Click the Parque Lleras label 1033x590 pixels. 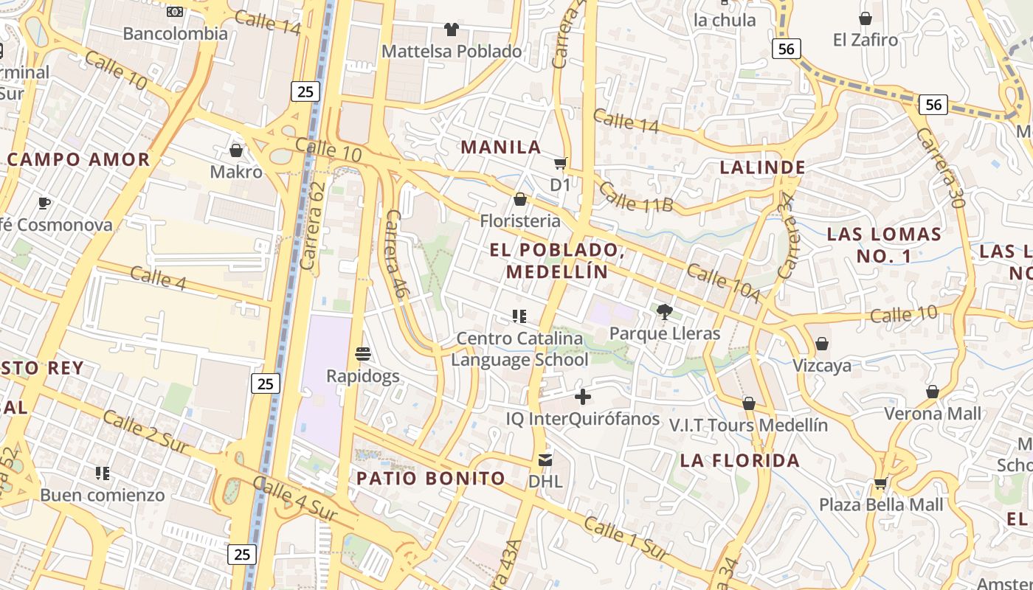pos(665,333)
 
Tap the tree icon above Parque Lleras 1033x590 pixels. pos(665,312)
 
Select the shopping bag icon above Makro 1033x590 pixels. pos(236,150)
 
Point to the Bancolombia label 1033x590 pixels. pos(176,33)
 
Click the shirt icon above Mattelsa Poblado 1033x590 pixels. pos(452,29)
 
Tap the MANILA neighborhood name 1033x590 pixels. pos(501,147)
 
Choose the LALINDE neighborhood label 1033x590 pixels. pos(762,167)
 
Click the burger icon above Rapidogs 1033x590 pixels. pos(362,354)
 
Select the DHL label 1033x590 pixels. pos(545,482)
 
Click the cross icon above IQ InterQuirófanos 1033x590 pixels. pos(583,398)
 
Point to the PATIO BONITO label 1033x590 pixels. pos(431,478)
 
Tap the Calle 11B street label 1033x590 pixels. pos(635,196)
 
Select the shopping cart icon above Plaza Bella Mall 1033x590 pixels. pos(880,485)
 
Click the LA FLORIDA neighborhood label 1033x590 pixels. pos(740,461)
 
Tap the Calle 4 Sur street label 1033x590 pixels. pos(294,499)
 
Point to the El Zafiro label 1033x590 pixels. pos(866,40)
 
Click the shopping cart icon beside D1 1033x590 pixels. pos(561,163)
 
